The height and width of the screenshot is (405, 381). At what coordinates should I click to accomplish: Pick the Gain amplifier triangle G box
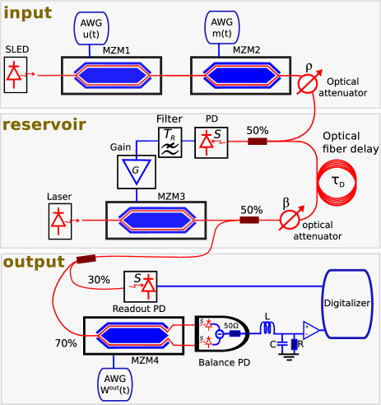tap(131, 174)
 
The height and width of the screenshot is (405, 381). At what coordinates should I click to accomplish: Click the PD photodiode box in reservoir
tap(209, 142)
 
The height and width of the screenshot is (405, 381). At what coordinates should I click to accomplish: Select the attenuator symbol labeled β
tap(286, 221)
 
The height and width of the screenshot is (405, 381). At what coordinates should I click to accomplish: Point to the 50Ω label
tap(232, 326)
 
